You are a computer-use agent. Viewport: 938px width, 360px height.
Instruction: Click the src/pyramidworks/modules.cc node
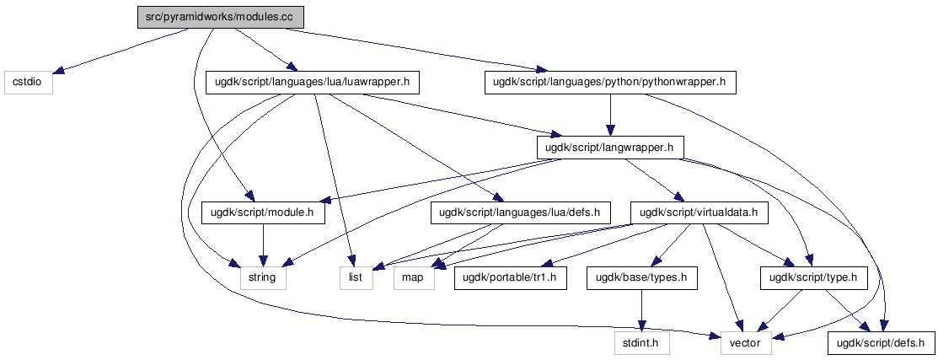[x=220, y=17]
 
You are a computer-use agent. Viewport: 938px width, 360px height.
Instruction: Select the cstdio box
[x=28, y=82]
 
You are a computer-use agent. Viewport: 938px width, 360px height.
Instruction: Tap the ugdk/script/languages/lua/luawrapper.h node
[x=312, y=82]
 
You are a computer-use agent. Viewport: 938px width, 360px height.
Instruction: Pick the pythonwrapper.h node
[x=609, y=82]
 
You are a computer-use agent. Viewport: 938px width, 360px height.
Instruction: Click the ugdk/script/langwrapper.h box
[x=609, y=147]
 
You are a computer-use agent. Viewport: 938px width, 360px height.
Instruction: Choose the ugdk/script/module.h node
[x=263, y=212]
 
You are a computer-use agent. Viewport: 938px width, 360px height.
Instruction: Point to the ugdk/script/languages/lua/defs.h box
[x=519, y=212]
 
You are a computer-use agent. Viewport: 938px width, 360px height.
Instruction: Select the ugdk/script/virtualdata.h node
[x=699, y=212]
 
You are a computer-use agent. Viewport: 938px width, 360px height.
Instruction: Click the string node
[x=263, y=278]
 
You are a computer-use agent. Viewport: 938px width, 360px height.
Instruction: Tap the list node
[x=356, y=278]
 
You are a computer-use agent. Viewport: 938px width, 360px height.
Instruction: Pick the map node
[x=415, y=278]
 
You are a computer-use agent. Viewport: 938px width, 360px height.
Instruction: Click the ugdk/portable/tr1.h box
[x=510, y=278]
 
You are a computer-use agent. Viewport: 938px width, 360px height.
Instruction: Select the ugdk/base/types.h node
[x=642, y=278]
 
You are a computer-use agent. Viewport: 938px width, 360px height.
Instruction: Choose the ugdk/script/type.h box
[x=813, y=278]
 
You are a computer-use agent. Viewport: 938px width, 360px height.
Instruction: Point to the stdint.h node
[x=642, y=343]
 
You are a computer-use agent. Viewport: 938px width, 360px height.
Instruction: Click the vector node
[x=746, y=343]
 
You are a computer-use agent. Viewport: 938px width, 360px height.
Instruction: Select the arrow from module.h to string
[x=263, y=245]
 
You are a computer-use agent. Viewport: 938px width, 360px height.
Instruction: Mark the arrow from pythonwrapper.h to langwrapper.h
[x=609, y=115]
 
